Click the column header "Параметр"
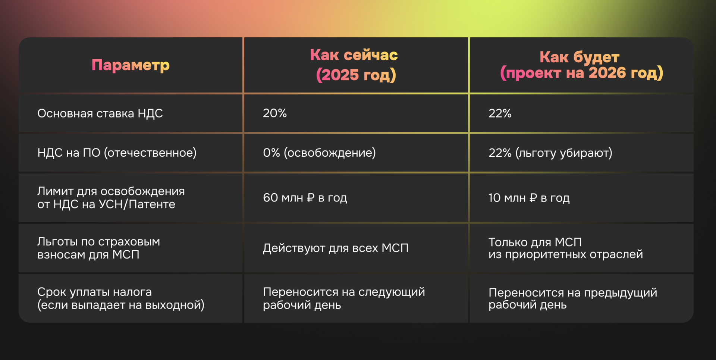[131, 65]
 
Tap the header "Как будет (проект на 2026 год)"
[581, 65]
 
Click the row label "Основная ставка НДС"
[100, 113]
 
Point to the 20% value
[275, 113]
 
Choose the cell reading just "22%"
[500, 113]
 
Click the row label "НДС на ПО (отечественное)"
[117, 153]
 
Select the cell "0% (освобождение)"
[319, 153]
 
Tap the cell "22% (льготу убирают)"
[550, 153]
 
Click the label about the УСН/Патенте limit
[111, 198]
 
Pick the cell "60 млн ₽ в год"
[305, 198]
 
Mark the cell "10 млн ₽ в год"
[529, 198]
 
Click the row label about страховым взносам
[98, 248]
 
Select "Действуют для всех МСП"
[336, 248]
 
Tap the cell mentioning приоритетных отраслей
[565, 248]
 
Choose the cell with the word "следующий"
[343, 298]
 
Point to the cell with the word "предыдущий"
[572, 298]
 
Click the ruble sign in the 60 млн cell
[311, 198]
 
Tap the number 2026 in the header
[607, 73]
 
